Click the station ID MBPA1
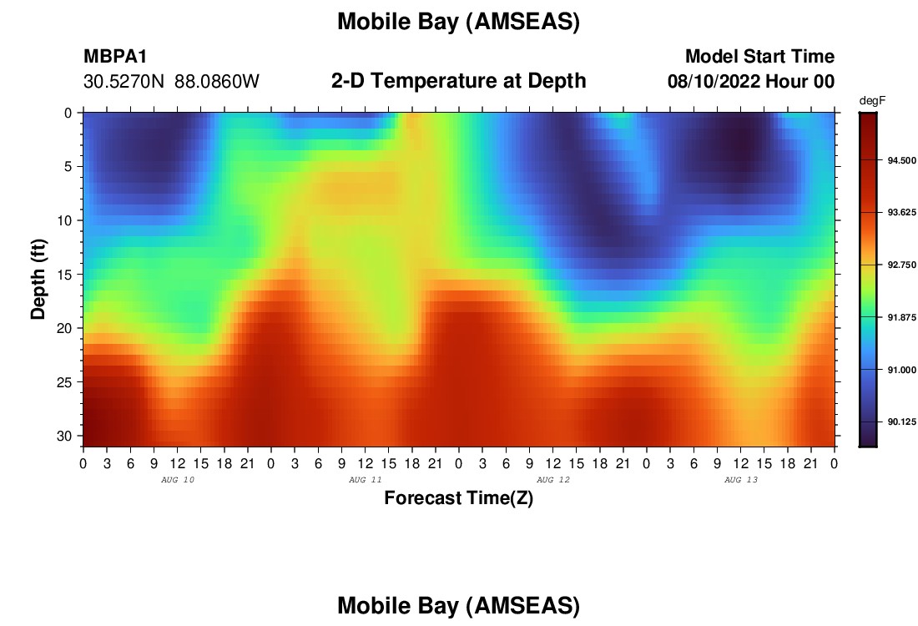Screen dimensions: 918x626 tap(115, 56)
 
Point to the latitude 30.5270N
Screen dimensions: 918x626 tap(124, 81)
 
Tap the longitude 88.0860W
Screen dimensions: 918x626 tap(217, 81)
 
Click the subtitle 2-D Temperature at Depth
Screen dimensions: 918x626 tap(458, 80)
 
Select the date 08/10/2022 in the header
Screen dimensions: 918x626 tap(714, 81)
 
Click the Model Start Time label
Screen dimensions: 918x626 tap(759, 56)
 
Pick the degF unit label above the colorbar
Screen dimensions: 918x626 tap(872, 101)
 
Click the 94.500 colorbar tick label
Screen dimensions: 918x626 tap(901, 160)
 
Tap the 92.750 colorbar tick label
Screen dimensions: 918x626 tap(901, 265)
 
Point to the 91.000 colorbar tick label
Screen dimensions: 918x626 tap(901, 370)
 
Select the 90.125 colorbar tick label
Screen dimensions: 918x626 tap(901, 422)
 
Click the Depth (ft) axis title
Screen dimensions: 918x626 tap(38, 280)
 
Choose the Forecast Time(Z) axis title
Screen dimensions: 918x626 tap(458, 497)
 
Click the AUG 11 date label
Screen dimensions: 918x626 tap(366, 480)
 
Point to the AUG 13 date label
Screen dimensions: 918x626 tap(740, 480)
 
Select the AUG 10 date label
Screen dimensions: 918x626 tap(178, 480)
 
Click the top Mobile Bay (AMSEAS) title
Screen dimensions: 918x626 tap(458, 22)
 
